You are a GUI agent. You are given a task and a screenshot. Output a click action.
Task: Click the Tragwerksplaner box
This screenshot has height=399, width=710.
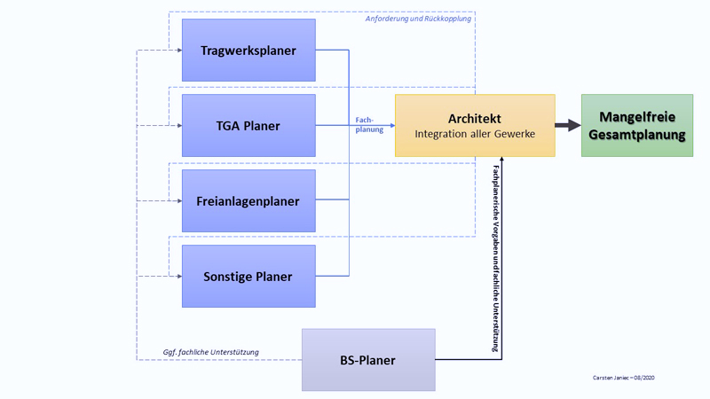(248, 51)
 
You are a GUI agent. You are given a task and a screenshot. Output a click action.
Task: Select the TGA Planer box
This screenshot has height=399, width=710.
(248, 126)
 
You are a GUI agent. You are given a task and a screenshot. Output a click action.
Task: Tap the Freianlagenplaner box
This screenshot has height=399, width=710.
(248, 201)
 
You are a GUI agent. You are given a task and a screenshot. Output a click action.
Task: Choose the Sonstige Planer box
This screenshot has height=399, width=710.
(248, 277)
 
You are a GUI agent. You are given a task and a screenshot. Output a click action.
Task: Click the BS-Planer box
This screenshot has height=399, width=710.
(368, 360)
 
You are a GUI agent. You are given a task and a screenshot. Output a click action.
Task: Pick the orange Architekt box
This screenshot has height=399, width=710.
(475, 126)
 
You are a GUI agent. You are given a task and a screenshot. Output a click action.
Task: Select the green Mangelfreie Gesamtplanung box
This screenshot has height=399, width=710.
(636, 126)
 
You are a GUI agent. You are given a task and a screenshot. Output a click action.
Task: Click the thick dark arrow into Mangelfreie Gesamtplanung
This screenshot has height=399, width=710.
(568, 126)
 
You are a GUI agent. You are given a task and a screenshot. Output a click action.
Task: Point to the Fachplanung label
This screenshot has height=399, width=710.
(369, 124)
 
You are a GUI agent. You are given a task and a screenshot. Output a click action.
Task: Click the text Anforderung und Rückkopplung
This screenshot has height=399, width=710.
(418, 19)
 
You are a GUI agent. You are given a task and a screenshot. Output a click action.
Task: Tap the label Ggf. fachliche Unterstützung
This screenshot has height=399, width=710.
(211, 352)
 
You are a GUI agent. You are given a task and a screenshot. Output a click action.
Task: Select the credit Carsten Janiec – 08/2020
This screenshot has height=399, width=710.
(624, 378)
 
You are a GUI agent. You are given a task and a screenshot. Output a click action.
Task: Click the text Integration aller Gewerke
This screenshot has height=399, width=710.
(475, 134)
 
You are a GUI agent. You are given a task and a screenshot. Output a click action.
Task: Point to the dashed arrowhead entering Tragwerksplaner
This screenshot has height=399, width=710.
(178, 51)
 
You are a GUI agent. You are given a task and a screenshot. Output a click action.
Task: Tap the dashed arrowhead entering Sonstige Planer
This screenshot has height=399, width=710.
(178, 277)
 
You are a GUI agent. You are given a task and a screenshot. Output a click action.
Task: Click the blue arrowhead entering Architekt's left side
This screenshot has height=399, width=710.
(391, 126)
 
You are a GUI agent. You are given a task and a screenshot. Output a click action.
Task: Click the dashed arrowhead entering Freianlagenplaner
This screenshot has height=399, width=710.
(178, 201)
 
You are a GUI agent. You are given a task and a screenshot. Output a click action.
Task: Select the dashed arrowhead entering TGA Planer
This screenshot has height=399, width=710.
(178, 126)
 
